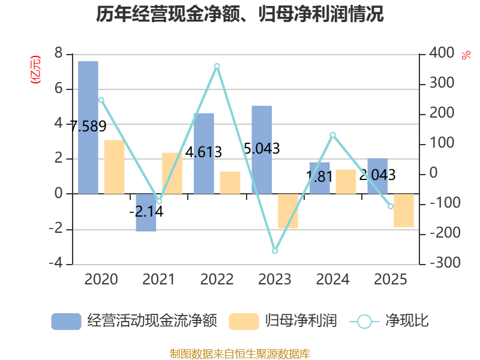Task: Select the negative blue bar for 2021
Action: [x=146, y=212]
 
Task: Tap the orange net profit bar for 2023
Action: [x=288, y=211]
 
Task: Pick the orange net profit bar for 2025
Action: [x=404, y=211]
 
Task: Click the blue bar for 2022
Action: [x=204, y=153]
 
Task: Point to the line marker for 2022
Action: [x=217, y=66]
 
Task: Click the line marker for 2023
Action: [x=275, y=251]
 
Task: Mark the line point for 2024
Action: [x=333, y=134]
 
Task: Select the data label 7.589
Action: [x=88, y=127]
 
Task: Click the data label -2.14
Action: [x=146, y=211]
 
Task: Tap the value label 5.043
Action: [x=262, y=148]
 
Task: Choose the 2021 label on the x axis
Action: [x=159, y=280]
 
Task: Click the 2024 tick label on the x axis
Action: [x=332, y=280]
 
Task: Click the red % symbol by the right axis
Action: [x=466, y=55]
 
